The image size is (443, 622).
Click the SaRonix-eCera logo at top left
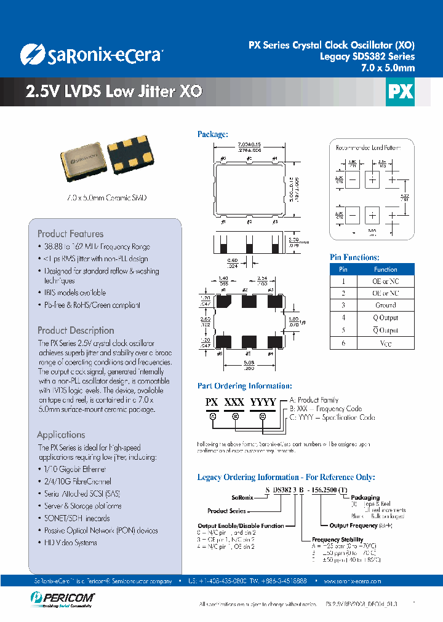point(90,55)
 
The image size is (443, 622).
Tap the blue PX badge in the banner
point(400,92)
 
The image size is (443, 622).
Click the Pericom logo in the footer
point(61,597)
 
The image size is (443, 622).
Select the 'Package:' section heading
point(213,134)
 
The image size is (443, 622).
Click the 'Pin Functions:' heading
point(354,258)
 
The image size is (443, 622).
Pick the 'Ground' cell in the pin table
point(386,305)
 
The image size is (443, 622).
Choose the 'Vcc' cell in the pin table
point(386,343)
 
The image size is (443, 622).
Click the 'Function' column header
point(386,269)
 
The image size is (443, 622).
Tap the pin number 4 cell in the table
point(343,318)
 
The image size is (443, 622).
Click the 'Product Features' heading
point(70,234)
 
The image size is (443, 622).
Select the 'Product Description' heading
point(76,330)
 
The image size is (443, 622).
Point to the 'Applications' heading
point(61,435)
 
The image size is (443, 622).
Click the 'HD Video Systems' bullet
point(70,543)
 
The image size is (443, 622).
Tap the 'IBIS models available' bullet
point(74,293)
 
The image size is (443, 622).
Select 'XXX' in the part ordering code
point(234,402)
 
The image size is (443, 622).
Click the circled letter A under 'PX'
point(213,415)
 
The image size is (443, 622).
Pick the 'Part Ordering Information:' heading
point(244,386)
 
